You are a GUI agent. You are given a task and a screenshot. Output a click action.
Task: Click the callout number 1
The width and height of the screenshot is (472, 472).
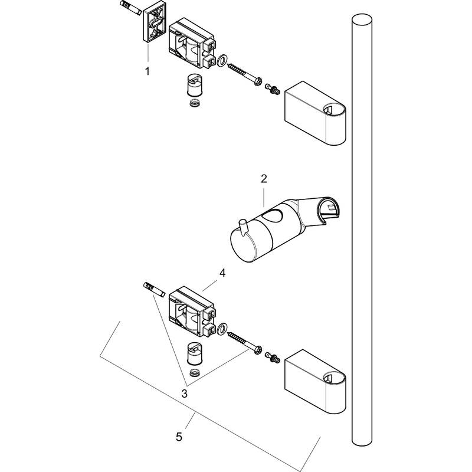point(147,71)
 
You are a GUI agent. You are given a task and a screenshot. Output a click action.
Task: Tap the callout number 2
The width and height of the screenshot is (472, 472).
point(264,178)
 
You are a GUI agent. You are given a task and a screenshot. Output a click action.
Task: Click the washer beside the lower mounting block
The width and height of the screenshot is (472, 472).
point(223,328)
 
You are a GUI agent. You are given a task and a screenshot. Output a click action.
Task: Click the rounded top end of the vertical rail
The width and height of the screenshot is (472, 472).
point(361,19)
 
